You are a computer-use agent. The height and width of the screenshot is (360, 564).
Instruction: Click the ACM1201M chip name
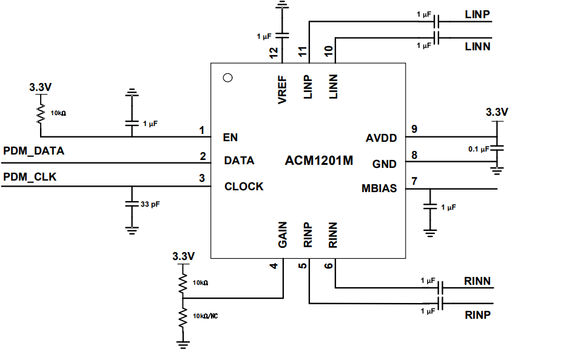coord(319,161)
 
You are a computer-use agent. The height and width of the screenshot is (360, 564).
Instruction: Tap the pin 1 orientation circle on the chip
coord(228,78)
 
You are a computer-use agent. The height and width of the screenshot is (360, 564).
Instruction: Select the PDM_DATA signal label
coord(34,150)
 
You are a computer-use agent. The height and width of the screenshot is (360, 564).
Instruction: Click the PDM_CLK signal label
coord(30,177)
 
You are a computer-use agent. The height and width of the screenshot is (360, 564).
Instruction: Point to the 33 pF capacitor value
coord(150,205)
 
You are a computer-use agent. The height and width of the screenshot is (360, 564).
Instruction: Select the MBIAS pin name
coord(379,188)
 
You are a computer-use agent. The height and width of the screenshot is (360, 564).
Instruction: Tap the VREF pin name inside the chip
coord(283,90)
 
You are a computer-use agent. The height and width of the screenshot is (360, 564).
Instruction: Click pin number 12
coord(274,53)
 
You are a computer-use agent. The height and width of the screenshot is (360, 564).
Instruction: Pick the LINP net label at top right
coord(477,14)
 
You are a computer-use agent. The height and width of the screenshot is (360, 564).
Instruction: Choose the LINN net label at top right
coord(477,46)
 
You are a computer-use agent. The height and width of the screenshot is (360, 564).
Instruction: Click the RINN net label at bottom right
coord(477,281)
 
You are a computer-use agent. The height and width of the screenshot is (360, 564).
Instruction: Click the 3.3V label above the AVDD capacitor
coord(497,112)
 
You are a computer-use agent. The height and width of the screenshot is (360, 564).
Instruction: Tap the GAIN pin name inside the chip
coord(283,235)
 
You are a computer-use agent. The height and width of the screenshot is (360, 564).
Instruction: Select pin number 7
coord(414,181)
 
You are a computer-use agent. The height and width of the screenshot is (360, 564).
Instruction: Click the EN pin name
coord(230,137)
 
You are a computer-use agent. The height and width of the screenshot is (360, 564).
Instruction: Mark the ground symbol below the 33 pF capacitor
coord(131,229)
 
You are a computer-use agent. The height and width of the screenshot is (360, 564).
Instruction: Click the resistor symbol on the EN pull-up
coord(41,113)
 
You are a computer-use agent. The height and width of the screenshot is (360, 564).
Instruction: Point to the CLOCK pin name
coord(244,187)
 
